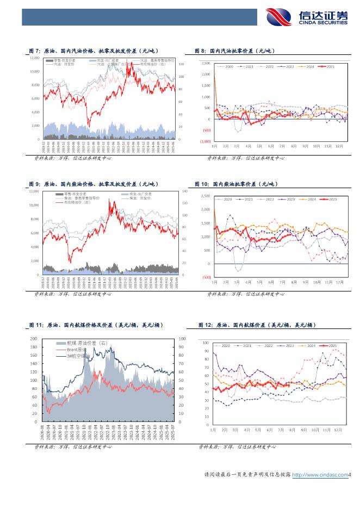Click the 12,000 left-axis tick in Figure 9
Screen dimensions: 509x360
tap(34, 191)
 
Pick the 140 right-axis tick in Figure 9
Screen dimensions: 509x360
tap(184, 191)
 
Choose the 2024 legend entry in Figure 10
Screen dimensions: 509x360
tap(310, 200)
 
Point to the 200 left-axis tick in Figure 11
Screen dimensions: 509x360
tap(34, 338)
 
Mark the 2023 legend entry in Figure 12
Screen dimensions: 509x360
tap(291, 345)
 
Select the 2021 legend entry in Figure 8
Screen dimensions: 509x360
tap(248, 66)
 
